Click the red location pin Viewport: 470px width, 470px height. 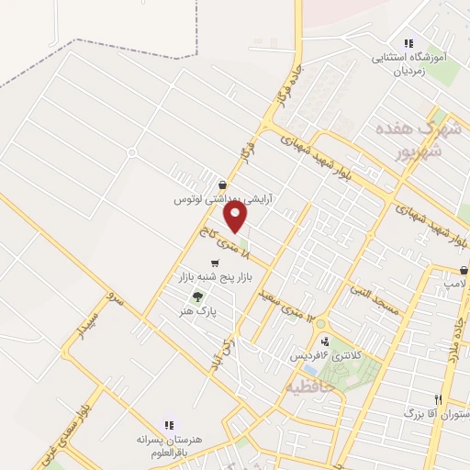point(236,217)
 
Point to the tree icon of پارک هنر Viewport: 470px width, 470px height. point(196,297)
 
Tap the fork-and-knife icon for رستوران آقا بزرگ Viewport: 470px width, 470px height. point(439,399)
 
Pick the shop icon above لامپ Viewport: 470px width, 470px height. point(464,272)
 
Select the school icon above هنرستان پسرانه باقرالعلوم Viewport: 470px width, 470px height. point(168,425)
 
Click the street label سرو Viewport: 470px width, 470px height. point(114,299)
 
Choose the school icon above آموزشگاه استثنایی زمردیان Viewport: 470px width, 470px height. point(408,43)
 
